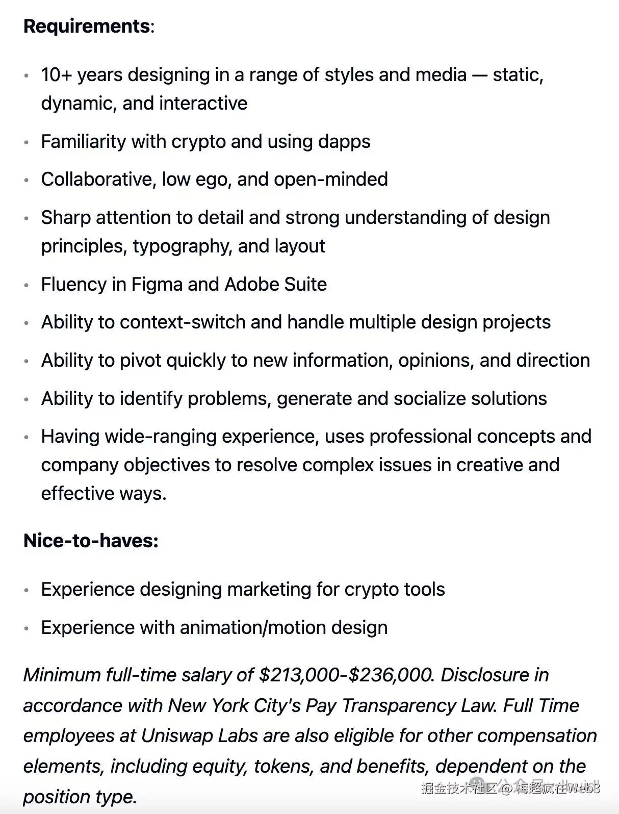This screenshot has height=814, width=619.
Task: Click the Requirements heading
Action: [x=87, y=26]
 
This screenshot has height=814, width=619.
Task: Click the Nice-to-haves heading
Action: [x=91, y=541]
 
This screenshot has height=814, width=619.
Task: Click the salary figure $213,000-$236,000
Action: [x=346, y=675]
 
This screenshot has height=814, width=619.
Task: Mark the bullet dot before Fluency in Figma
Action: [x=27, y=285]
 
